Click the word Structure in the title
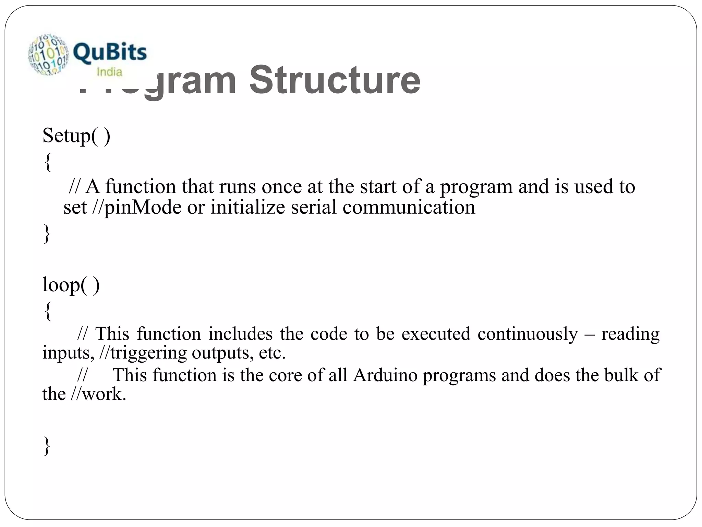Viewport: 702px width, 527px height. [335, 80]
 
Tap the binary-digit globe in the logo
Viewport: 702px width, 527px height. [48, 54]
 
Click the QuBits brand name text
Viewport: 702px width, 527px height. [110, 53]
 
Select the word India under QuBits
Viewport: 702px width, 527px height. [109, 72]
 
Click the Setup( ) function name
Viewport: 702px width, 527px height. [76, 136]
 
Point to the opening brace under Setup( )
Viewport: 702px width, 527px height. [48, 162]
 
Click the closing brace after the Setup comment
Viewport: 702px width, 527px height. [47, 234]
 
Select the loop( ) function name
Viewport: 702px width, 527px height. [71, 285]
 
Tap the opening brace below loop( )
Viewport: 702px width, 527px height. [48, 311]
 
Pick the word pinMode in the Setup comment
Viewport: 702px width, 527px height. [142, 208]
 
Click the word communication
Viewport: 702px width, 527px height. [409, 208]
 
